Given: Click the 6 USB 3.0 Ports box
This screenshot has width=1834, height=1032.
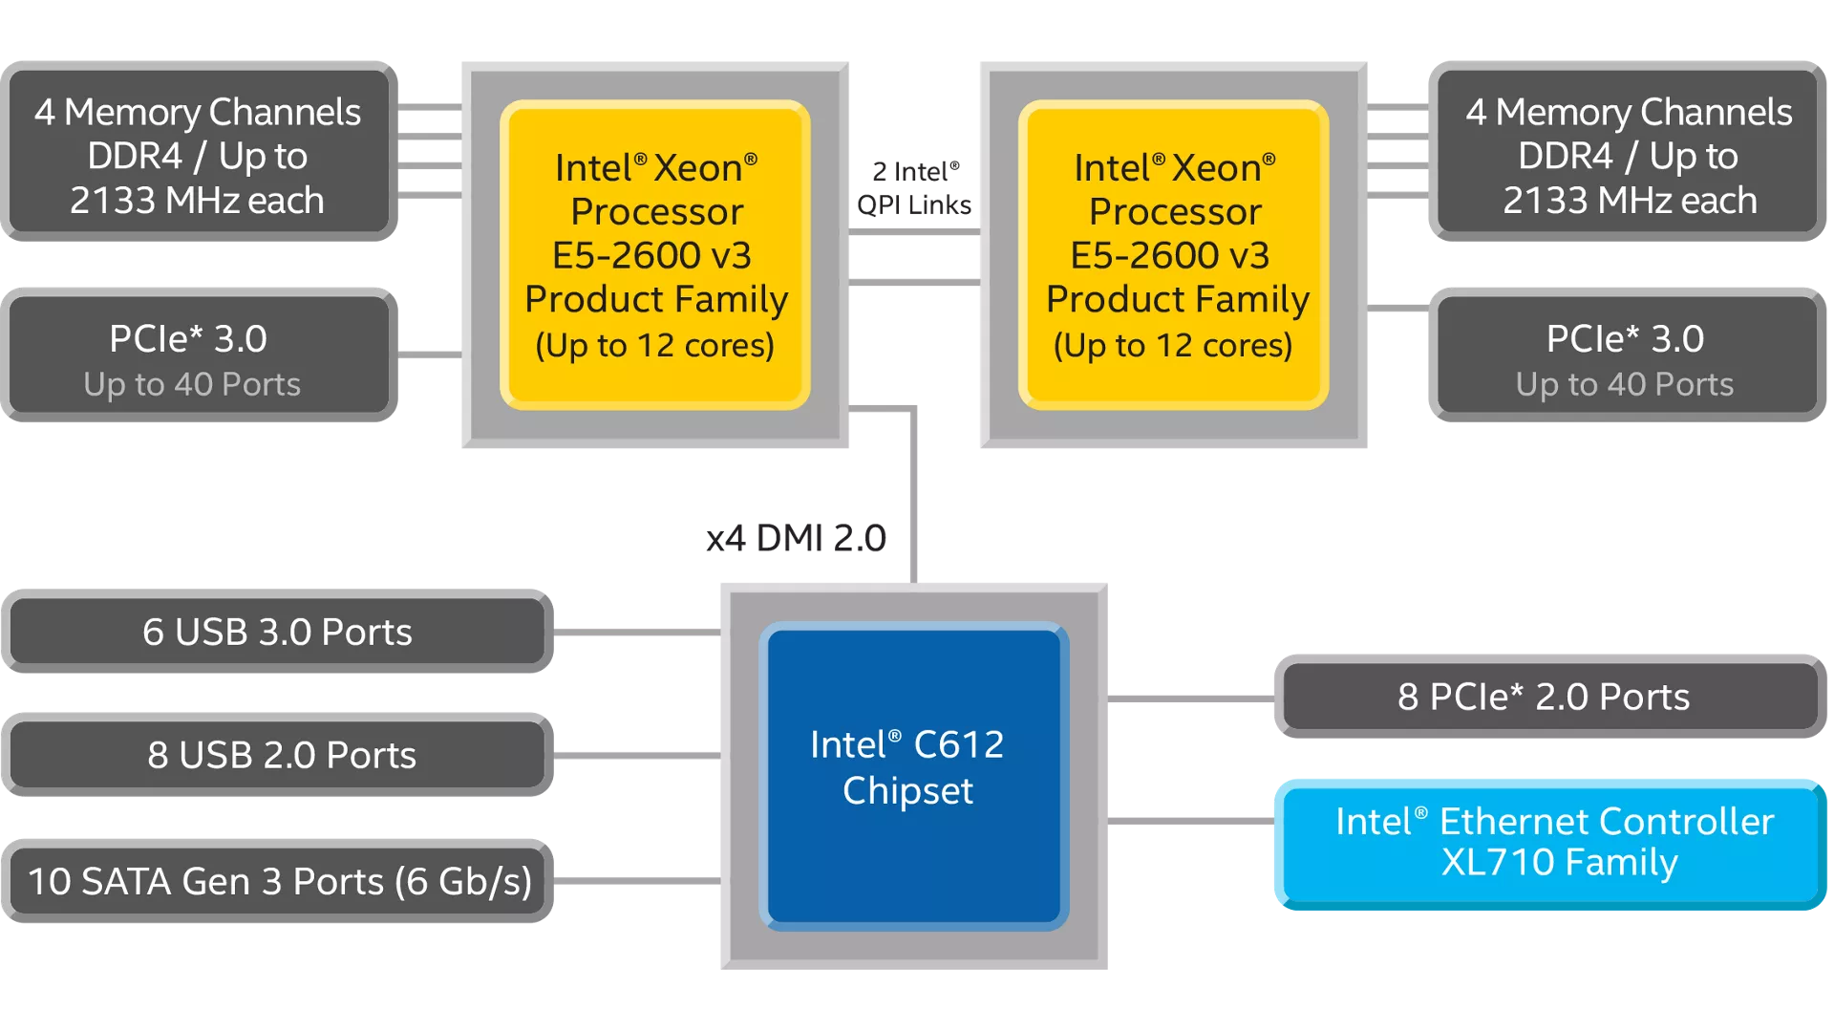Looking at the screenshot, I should (277, 632).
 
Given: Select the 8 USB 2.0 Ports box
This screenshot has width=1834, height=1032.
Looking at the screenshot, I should (277, 755).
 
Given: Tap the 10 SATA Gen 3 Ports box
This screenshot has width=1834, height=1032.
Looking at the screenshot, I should (277, 881).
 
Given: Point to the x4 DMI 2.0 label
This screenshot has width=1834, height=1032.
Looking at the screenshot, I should (796, 539).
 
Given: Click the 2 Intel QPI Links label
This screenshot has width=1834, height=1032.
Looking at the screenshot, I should (914, 188).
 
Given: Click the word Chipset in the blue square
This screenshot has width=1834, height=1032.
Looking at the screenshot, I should (907, 791).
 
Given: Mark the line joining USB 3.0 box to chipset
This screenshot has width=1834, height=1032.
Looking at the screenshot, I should (636, 632).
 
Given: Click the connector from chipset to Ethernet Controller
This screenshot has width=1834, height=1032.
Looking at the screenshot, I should (1190, 821).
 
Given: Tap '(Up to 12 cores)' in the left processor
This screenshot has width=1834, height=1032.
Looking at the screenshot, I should (655, 346).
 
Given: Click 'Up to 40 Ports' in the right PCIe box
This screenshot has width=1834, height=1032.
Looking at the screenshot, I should (1624, 384).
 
